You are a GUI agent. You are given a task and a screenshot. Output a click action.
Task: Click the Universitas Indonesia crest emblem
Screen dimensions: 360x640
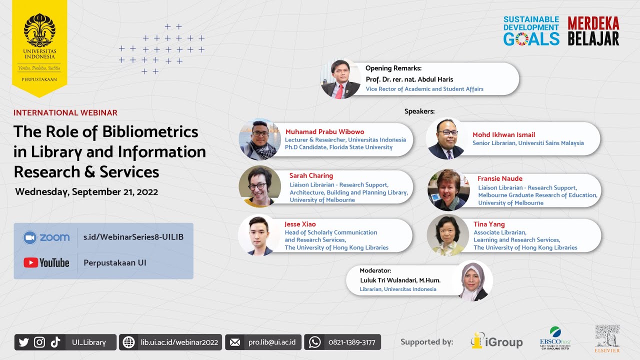(39, 30)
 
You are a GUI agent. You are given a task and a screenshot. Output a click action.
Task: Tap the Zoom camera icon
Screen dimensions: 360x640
(30, 237)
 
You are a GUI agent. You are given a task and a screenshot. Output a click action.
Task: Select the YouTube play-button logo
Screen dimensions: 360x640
(30, 262)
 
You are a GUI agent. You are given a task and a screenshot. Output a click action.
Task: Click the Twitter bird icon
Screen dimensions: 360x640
(23, 342)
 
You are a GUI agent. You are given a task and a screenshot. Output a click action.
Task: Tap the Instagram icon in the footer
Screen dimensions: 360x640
(39, 342)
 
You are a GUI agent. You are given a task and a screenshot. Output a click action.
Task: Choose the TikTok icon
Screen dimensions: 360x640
(55, 342)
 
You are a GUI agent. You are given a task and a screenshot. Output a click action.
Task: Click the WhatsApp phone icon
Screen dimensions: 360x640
(314, 342)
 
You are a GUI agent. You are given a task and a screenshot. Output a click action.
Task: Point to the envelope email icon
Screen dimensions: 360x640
(234, 342)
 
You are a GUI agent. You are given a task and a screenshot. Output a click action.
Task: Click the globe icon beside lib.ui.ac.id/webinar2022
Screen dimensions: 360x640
(128, 342)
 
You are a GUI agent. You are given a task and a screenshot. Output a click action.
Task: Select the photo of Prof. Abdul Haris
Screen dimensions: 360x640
(340, 79)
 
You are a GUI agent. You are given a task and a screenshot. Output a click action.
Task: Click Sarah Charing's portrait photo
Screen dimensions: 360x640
(259, 186)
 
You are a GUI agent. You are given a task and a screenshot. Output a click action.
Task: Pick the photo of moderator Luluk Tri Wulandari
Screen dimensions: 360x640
(473, 281)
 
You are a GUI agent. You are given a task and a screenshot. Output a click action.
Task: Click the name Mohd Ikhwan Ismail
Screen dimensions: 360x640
(503, 134)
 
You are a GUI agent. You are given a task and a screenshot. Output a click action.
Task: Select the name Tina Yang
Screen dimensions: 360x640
(489, 224)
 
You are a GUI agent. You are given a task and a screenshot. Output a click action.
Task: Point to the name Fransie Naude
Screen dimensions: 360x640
(499, 178)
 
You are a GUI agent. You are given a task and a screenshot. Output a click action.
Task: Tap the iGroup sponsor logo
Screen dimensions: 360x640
(496, 341)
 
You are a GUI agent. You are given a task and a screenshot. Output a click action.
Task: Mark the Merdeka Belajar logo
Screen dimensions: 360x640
(593, 31)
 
